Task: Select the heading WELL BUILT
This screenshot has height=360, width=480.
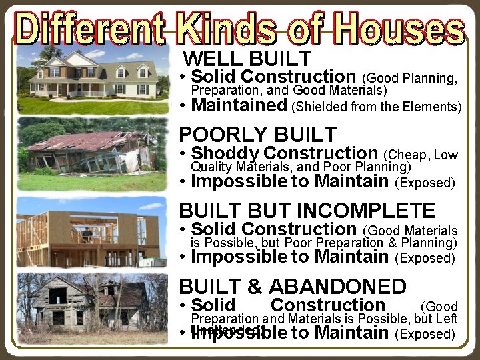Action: [247, 58]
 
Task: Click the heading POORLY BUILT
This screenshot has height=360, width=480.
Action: [258, 134]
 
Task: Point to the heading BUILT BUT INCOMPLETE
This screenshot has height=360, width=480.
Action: [307, 211]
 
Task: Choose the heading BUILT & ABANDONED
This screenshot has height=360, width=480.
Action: [292, 287]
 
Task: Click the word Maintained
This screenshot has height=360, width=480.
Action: [239, 105]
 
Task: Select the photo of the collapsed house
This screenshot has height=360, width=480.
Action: [91, 155]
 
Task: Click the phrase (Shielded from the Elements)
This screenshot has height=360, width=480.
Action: [377, 107]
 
